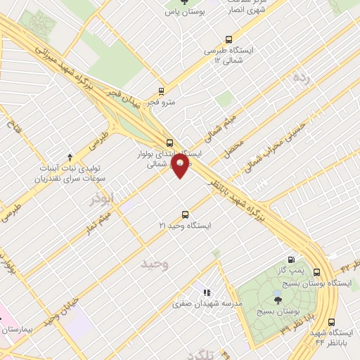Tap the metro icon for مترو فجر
pos(162,91)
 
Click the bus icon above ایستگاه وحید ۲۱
pos(185,214)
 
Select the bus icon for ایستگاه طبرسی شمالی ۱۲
pos(228,40)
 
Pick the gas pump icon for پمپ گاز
pos(291,259)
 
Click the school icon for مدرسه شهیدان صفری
pos(206,292)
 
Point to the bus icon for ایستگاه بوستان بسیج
pos(316,272)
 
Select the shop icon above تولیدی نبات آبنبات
pos(69,157)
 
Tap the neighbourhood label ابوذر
pos(101,199)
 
